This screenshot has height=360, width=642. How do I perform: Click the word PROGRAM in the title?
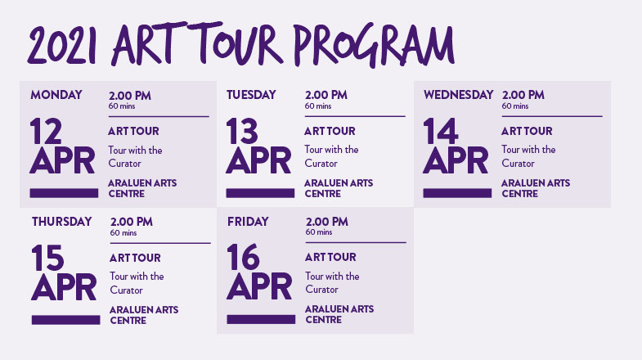374,44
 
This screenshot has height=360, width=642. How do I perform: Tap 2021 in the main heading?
62,45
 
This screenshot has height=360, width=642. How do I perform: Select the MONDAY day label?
56,95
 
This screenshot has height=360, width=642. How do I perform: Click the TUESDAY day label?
251,95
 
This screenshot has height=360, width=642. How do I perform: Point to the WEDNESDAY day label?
458,95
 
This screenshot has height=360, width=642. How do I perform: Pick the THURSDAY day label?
62,222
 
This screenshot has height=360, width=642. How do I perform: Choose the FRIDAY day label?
248,222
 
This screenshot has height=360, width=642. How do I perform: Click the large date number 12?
46,131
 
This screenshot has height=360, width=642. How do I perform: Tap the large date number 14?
440,131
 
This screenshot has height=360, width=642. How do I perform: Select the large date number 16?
243,257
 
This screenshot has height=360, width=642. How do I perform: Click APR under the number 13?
258,160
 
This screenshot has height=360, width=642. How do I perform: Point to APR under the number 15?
64,287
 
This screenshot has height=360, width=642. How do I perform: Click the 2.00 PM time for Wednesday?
523,95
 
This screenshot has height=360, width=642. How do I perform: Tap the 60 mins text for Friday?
319,232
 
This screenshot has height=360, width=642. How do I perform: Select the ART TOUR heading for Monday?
133,131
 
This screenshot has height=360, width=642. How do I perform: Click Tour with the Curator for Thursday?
137,283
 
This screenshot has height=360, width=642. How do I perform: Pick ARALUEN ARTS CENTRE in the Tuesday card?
339,188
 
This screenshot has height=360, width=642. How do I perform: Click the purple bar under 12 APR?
64,193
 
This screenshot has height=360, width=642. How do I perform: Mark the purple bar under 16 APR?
261,319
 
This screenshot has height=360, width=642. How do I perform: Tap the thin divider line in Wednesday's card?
552,116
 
